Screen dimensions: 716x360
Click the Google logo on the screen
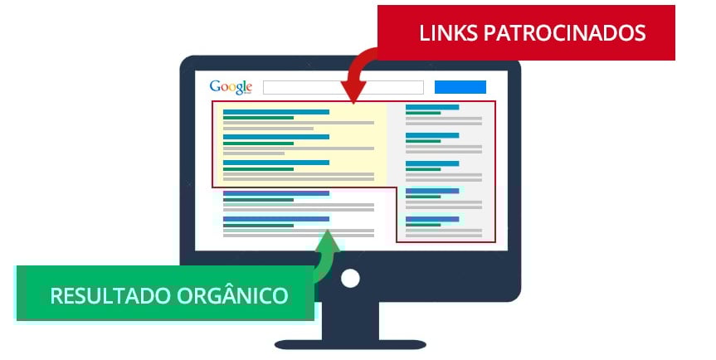[230, 87]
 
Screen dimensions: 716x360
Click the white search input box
[343, 87]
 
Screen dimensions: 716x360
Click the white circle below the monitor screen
[350, 278]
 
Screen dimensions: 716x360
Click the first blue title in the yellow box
[276, 111]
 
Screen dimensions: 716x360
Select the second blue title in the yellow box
[276, 137]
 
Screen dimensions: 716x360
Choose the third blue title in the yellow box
[276, 163]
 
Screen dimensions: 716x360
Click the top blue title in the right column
[431, 107]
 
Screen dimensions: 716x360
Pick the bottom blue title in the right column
[431, 219]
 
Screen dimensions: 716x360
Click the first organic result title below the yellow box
[276, 193]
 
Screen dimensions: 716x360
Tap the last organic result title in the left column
[276, 219]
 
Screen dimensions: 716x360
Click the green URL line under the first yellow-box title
[258, 118]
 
